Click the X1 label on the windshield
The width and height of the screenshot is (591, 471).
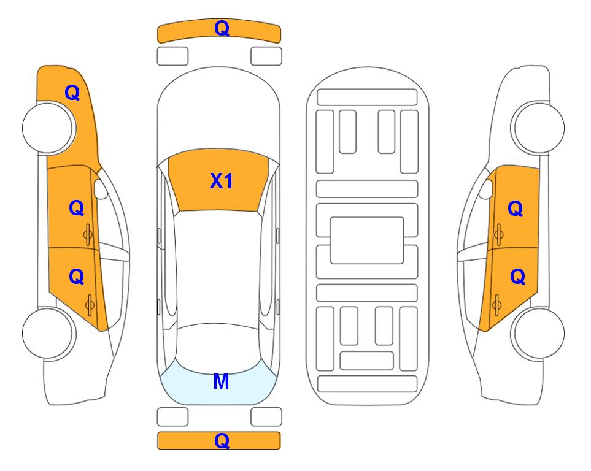(x=222, y=181)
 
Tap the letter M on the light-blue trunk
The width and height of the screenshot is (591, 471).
(x=221, y=381)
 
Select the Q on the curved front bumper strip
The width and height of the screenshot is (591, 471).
(x=222, y=28)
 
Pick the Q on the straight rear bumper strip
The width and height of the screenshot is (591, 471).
(x=222, y=440)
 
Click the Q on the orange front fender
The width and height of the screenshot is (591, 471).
(x=72, y=93)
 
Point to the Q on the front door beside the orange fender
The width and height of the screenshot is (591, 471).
(x=77, y=208)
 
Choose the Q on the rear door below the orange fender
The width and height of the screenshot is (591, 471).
(x=77, y=277)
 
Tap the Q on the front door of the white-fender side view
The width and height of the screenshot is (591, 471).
(x=516, y=209)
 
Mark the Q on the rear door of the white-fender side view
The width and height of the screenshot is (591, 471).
(x=517, y=277)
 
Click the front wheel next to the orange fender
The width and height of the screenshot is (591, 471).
(x=48, y=128)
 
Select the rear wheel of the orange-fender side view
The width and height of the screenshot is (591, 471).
(x=48, y=333)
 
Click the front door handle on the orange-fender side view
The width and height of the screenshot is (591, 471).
(x=88, y=235)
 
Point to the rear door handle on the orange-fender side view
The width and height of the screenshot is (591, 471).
(x=90, y=305)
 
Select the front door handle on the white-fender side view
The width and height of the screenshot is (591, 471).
(x=498, y=234)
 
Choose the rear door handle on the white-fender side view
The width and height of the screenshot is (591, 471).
(x=496, y=305)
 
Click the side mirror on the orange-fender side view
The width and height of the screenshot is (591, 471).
(x=100, y=189)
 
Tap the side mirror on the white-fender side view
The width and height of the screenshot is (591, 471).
(x=486, y=189)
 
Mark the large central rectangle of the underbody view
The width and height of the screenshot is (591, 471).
(x=367, y=240)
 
